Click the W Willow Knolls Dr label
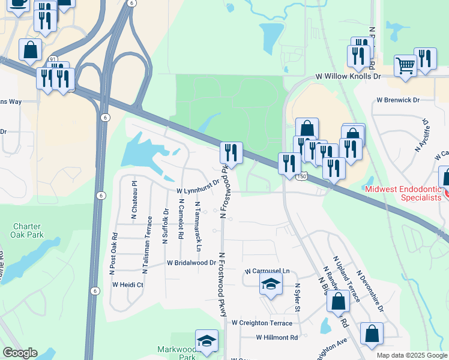pos(348,77)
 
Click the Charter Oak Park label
pos(28,230)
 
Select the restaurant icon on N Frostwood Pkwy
pos(232,154)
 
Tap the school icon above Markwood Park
pos(206,341)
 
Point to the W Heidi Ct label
pos(127,285)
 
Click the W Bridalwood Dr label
pos(191,263)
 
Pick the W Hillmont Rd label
pos(277,337)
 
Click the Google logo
pos(20,353)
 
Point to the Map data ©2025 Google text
pos(412,355)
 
